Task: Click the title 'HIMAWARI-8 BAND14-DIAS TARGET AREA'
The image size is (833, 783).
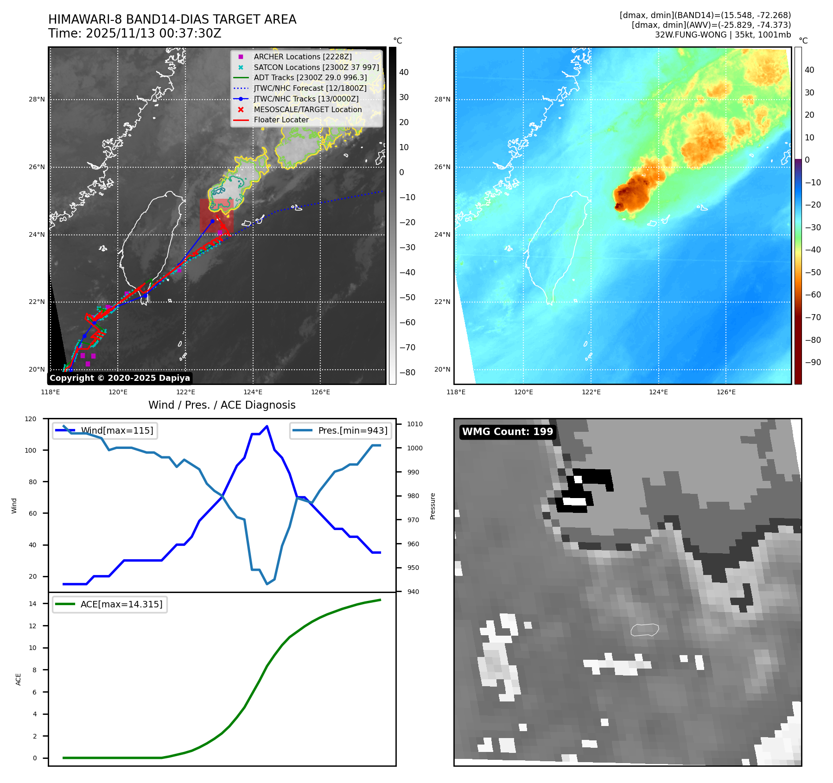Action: (x=172, y=19)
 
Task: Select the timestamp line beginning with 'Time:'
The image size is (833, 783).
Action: (x=134, y=33)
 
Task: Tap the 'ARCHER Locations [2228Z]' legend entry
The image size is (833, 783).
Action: (x=302, y=57)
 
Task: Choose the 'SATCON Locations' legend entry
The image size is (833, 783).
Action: (x=316, y=67)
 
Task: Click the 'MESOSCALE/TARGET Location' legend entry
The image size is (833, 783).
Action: (x=307, y=109)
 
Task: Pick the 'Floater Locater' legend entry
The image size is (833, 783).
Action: (x=281, y=120)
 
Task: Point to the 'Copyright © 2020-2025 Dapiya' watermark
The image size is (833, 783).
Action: (x=120, y=378)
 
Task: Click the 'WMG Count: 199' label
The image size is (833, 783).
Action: (x=507, y=432)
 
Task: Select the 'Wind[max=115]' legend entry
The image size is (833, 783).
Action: (x=117, y=430)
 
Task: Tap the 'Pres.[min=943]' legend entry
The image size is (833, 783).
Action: (x=352, y=430)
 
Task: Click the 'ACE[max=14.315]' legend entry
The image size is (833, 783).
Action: (x=121, y=604)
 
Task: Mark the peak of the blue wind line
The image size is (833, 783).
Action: (x=267, y=426)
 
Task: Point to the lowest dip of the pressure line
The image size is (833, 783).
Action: (x=267, y=584)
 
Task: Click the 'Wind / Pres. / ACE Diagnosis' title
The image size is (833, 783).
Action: (x=222, y=405)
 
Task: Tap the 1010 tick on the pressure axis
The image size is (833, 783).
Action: (x=415, y=424)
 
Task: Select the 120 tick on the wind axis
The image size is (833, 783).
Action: (x=31, y=419)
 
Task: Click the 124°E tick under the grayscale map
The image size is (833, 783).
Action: (x=253, y=392)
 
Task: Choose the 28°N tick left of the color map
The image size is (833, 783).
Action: (x=442, y=99)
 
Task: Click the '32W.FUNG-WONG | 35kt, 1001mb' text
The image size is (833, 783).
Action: (x=723, y=35)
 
